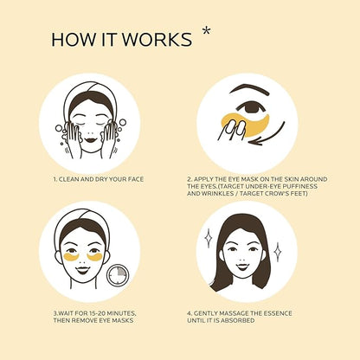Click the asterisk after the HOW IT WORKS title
click(x=206, y=31)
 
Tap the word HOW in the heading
click(x=74, y=40)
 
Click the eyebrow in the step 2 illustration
click(x=249, y=90)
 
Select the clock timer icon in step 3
click(x=118, y=274)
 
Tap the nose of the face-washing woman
click(x=90, y=133)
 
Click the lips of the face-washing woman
click(x=90, y=140)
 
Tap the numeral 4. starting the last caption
click(x=190, y=313)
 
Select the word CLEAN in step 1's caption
click(x=68, y=179)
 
